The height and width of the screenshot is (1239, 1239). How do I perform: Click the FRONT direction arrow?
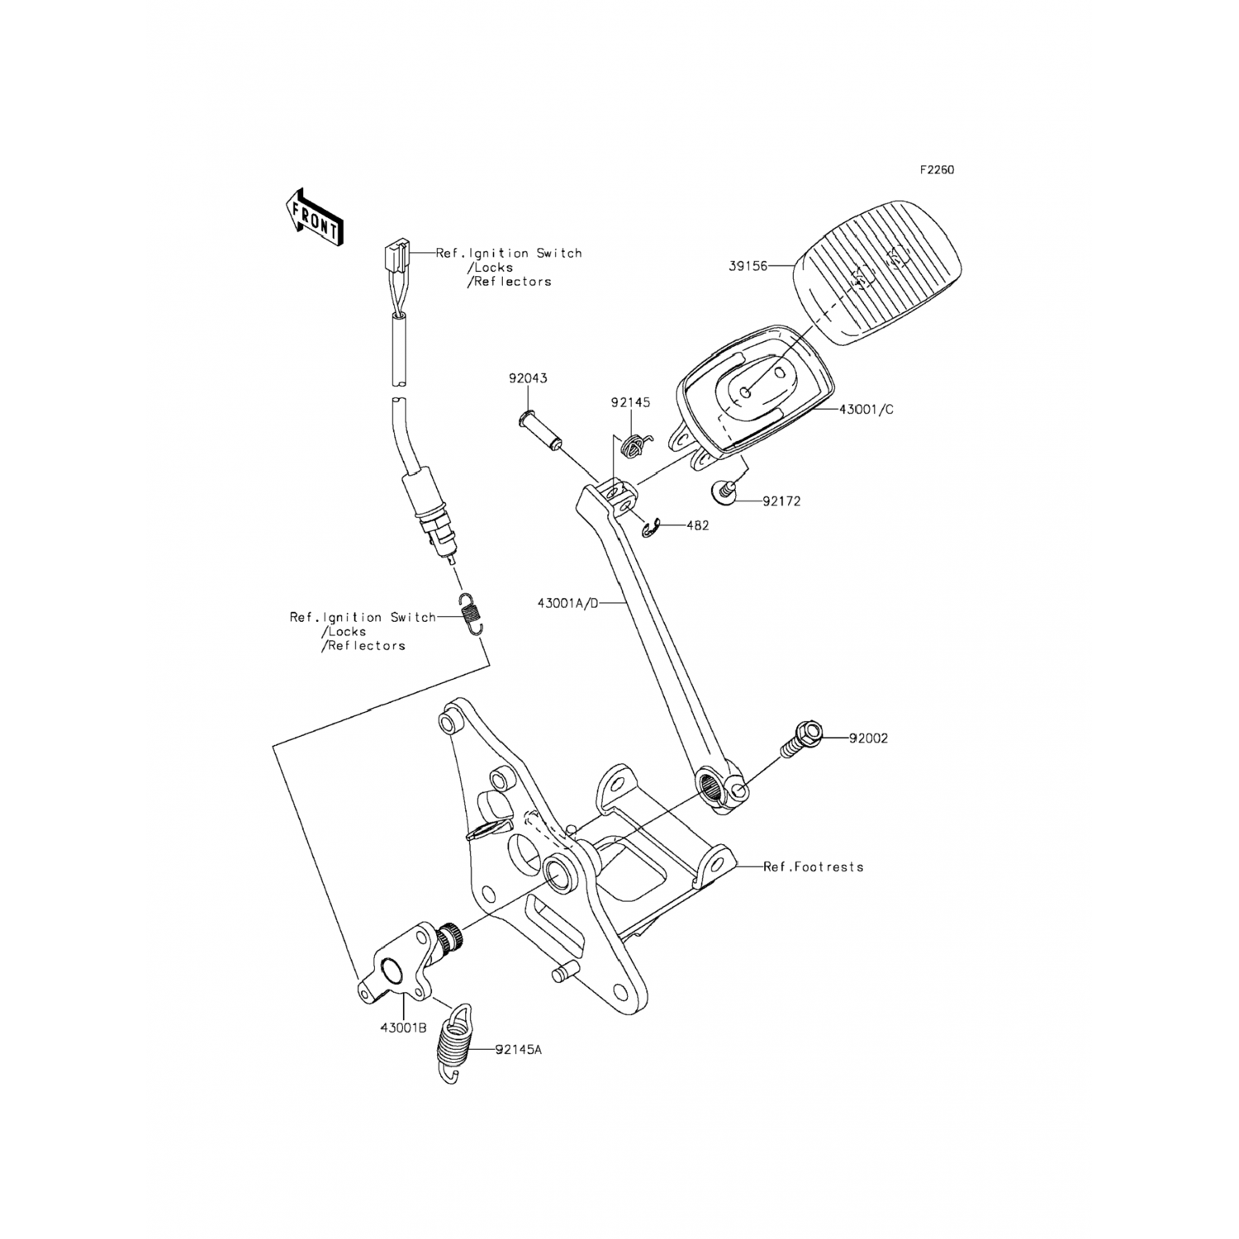(313, 217)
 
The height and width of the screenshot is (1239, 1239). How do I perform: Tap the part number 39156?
(748, 266)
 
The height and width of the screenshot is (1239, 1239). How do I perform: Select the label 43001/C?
(866, 410)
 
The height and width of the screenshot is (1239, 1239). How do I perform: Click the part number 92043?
(527, 378)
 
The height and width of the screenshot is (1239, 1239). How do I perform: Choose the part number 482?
(697, 525)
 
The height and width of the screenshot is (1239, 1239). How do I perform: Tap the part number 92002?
(868, 738)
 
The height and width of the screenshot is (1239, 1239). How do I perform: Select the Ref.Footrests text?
(813, 867)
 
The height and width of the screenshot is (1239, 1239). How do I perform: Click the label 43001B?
(403, 1028)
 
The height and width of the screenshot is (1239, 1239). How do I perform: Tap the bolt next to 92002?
(799, 740)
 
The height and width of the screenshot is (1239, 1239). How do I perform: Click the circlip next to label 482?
(651, 529)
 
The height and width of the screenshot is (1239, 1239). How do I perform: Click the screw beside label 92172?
(724, 493)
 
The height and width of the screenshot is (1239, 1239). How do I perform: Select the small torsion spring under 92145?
(634, 446)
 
